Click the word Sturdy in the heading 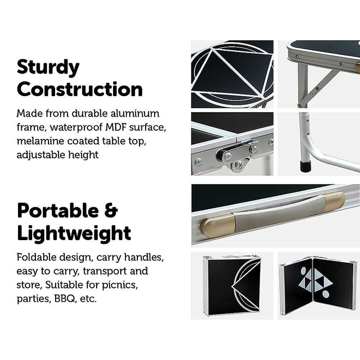[x=48, y=67]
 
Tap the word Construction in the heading [x=80, y=89]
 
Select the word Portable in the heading [x=58, y=210]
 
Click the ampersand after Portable [x=111, y=210]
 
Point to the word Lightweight [x=74, y=233]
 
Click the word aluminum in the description [x=135, y=114]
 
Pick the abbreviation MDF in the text [x=116, y=127]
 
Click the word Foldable [x=37, y=257]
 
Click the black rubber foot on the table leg [x=305, y=166]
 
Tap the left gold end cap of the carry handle [x=217, y=226]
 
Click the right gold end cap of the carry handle [x=335, y=202]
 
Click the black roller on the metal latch [x=222, y=154]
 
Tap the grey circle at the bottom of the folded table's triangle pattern [x=326, y=294]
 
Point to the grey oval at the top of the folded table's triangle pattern [x=303, y=271]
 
